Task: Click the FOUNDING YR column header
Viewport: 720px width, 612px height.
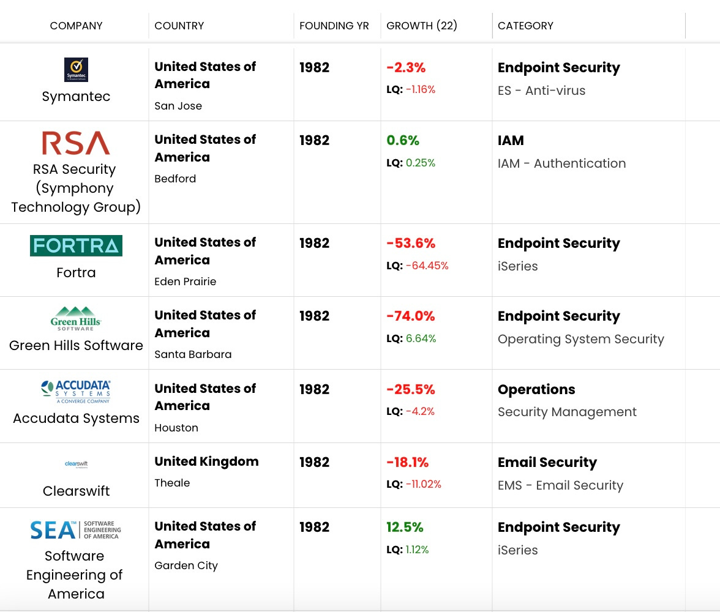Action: [x=334, y=26]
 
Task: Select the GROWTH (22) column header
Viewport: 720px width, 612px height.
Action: [x=422, y=26]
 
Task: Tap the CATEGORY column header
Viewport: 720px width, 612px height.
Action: [x=525, y=26]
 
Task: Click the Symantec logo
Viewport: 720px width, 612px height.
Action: [x=76, y=70]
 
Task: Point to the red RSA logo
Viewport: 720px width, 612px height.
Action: [x=76, y=143]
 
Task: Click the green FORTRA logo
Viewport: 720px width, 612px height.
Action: [x=76, y=245]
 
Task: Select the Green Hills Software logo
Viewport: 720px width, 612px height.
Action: [x=76, y=319]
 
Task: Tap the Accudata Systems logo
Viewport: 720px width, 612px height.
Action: [x=76, y=392]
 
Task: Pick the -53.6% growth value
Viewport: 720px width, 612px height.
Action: [x=411, y=243]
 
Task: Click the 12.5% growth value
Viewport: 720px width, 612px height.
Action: [x=405, y=527]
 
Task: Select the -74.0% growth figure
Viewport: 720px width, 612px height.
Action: [x=411, y=316]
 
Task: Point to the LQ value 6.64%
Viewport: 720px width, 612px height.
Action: [x=421, y=338]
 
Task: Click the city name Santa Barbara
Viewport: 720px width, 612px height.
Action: [x=193, y=354]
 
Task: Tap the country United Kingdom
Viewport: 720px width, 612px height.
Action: [x=206, y=461]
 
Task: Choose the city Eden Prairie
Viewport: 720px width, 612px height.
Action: [x=185, y=282]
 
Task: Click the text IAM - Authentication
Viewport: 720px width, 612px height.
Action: [x=561, y=163]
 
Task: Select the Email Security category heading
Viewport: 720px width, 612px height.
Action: [x=547, y=462]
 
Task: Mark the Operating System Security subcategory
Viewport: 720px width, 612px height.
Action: [x=580, y=339]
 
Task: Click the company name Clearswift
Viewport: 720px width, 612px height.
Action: [x=76, y=491]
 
